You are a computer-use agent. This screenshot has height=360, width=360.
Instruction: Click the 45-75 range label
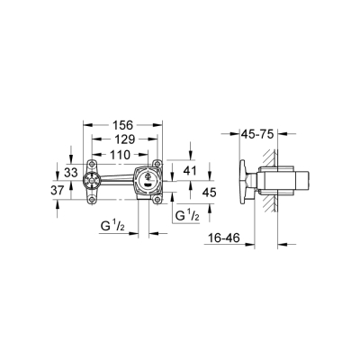coord(261,135)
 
